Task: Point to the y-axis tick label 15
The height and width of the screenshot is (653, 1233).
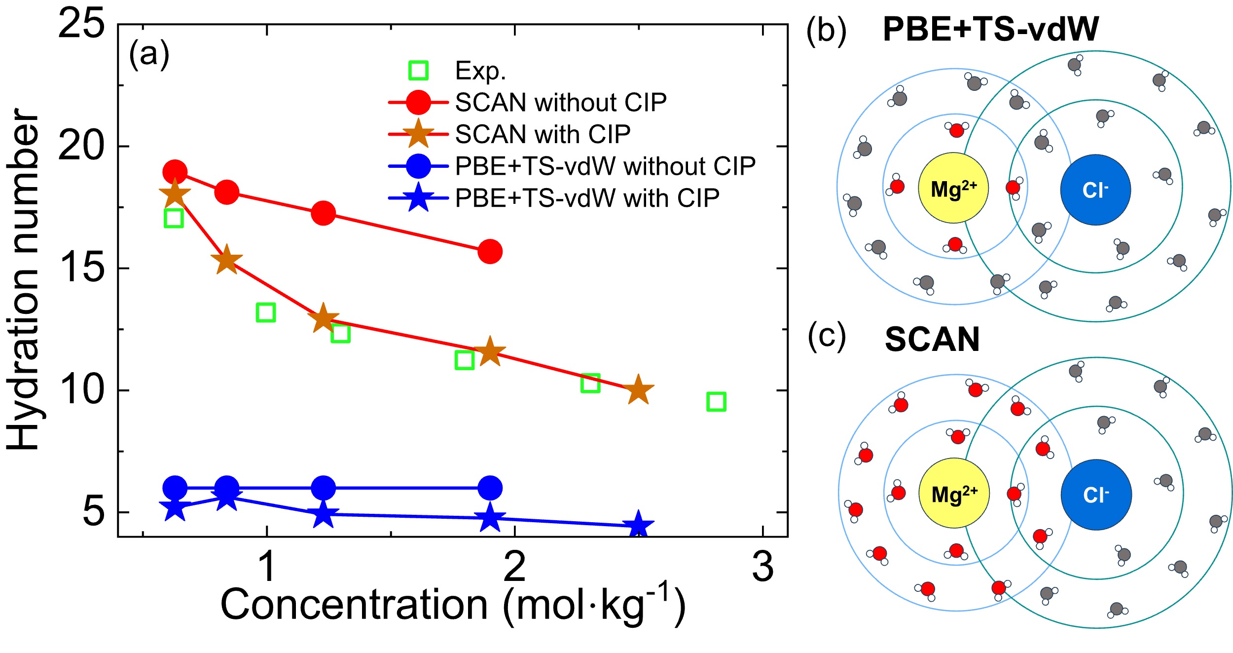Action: click(81, 269)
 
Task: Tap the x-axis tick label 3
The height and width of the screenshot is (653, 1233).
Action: click(762, 567)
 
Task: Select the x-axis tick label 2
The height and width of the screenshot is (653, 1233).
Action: click(515, 567)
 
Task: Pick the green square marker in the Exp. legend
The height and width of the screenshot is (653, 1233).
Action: click(418, 71)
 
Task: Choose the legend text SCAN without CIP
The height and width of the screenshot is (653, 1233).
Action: click(561, 103)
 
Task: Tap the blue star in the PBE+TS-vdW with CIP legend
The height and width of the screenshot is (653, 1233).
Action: click(418, 198)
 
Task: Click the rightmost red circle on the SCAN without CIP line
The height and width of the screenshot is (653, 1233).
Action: click(490, 252)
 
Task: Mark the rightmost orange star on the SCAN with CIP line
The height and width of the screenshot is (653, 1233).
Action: click(638, 390)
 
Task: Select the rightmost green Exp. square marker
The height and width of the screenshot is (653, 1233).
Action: click(716, 402)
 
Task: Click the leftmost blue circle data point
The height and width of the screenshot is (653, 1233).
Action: click(175, 488)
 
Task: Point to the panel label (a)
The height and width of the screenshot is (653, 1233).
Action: click(149, 54)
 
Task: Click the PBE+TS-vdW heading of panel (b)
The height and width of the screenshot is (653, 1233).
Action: click(990, 29)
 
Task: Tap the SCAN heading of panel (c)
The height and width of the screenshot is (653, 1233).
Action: click(932, 340)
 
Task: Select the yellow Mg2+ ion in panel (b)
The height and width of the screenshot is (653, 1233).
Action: click(953, 188)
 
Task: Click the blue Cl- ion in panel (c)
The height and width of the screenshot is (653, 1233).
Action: click(1096, 495)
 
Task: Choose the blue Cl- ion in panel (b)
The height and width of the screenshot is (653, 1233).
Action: click(1095, 190)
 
